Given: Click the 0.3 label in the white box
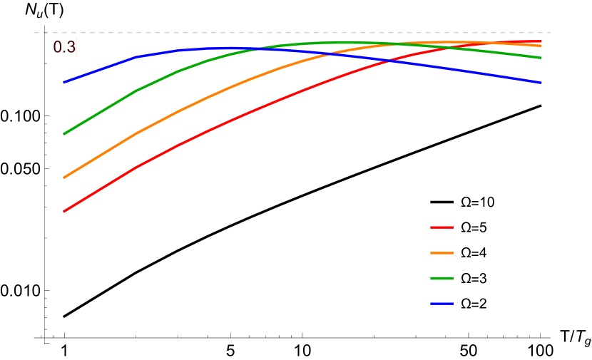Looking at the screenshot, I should (64, 47).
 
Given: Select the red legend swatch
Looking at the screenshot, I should (442, 227).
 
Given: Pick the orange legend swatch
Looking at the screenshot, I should (442, 253).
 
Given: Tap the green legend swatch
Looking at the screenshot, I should (442, 278).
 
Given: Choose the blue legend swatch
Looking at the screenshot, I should (442, 304).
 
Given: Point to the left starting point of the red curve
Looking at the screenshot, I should (64, 212).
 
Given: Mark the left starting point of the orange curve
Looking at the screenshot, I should (64, 178).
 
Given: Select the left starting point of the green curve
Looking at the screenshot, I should (64, 134).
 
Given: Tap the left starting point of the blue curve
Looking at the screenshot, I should (64, 83).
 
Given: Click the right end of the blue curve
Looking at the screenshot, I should (541, 83).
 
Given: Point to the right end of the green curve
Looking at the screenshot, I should (541, 58).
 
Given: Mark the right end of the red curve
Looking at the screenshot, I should (541, 41).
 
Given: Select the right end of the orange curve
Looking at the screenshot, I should (541, 46).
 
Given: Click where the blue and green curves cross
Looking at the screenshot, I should (257, 49).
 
